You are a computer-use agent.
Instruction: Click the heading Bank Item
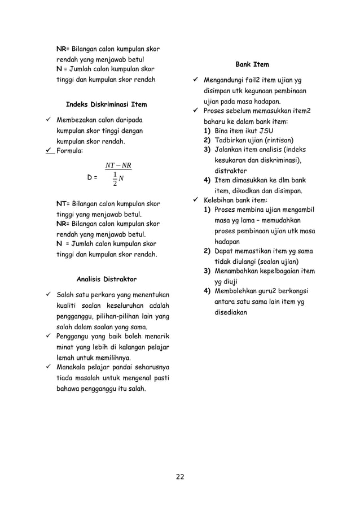click(x=252, y=64)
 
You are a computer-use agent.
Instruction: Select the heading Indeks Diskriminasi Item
click(x=106, y=104)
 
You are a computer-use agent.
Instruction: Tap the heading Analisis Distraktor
click(x=106, y=278)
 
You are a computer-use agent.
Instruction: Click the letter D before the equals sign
click(x=90, y=177)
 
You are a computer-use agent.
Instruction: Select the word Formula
click(x=69, y=151)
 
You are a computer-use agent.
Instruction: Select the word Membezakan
click(x=78, y=120)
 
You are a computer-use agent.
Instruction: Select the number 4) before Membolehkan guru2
click(x=207, y=291)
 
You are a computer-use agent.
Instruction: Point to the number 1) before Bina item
click(x=207, y=130)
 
